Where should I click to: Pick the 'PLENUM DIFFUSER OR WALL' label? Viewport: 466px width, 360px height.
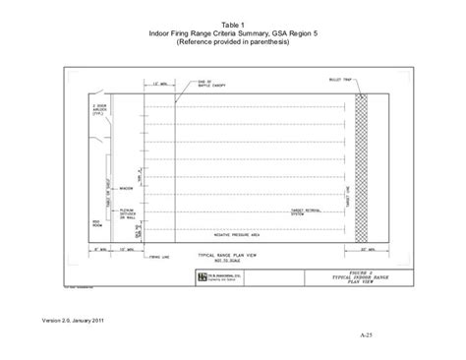pos(126,212)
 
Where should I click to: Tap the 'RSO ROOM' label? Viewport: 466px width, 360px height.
pos(97,222)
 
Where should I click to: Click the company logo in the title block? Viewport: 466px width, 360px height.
pos(199,277)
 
